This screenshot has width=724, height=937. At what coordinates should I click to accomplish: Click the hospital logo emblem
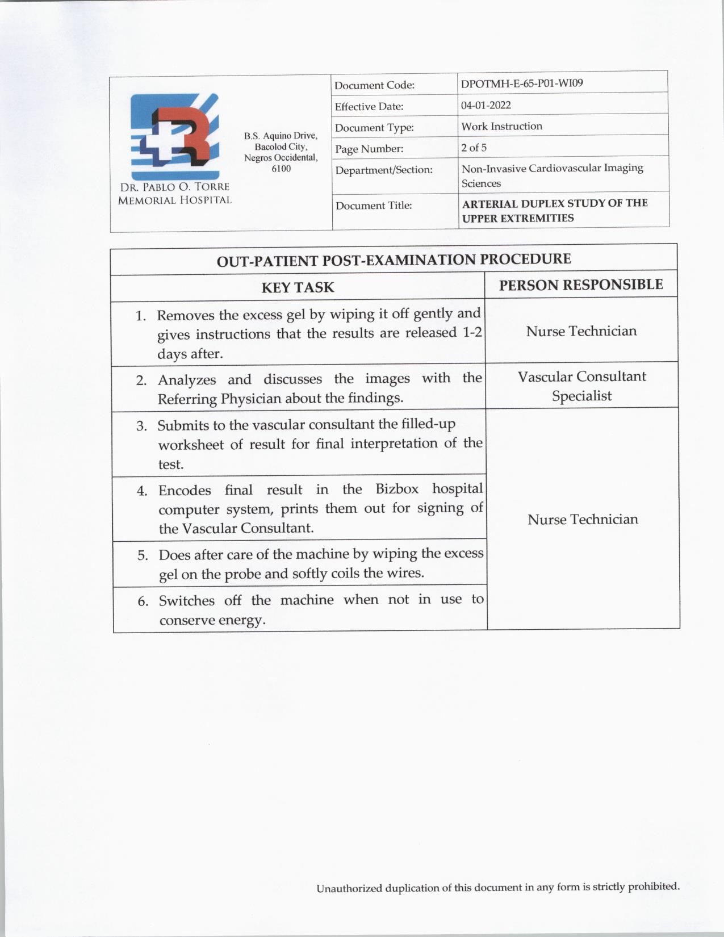point(174,137)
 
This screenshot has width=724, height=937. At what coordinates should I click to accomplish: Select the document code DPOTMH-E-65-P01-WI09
point(522,83)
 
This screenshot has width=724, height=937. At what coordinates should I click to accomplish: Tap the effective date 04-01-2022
point(486,105)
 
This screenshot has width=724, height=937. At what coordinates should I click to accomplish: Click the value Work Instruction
point(501,126)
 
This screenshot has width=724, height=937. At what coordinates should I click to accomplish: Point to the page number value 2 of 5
point(474,148)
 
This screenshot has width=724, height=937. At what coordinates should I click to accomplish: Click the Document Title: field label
point(373,206)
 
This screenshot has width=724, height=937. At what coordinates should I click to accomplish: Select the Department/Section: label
point(383,170)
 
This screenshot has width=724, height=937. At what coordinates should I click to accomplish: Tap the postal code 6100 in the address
point(281,169)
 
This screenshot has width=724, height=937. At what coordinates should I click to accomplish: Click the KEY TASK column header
point(298,287)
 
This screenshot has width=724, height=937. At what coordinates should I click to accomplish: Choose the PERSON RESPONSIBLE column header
point(581,285)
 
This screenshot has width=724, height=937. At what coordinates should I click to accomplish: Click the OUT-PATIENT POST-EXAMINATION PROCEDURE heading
point(394,260)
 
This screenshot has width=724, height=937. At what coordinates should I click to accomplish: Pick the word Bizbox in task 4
point(397,489)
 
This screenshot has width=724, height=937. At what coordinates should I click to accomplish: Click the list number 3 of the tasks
point(142,426)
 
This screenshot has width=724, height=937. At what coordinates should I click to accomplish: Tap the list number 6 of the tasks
point(143,601)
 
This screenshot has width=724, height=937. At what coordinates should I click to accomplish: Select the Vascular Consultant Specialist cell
point(581,386)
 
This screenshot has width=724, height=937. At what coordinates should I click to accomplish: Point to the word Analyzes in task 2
point(186,379)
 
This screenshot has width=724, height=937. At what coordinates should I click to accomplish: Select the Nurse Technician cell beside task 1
point(581,331)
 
